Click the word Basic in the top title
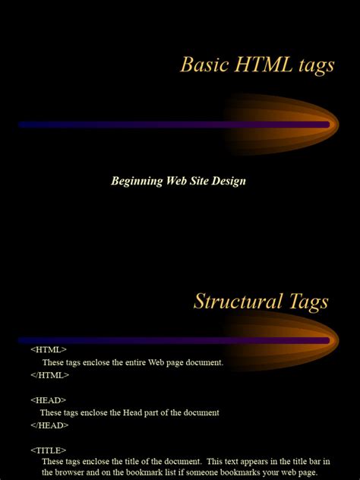coord(200,65)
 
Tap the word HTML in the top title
coord(257,65)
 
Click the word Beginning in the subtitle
coord(137,182)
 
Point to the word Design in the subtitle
coord(227,182)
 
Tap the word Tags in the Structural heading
coord(304,302)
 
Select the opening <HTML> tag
coord(49,350)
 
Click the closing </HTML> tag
coord(50,375)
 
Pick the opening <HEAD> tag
coord(49,400)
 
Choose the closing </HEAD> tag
coord(50,425)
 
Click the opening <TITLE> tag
coord(49,450)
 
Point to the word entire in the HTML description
coord(139,363)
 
